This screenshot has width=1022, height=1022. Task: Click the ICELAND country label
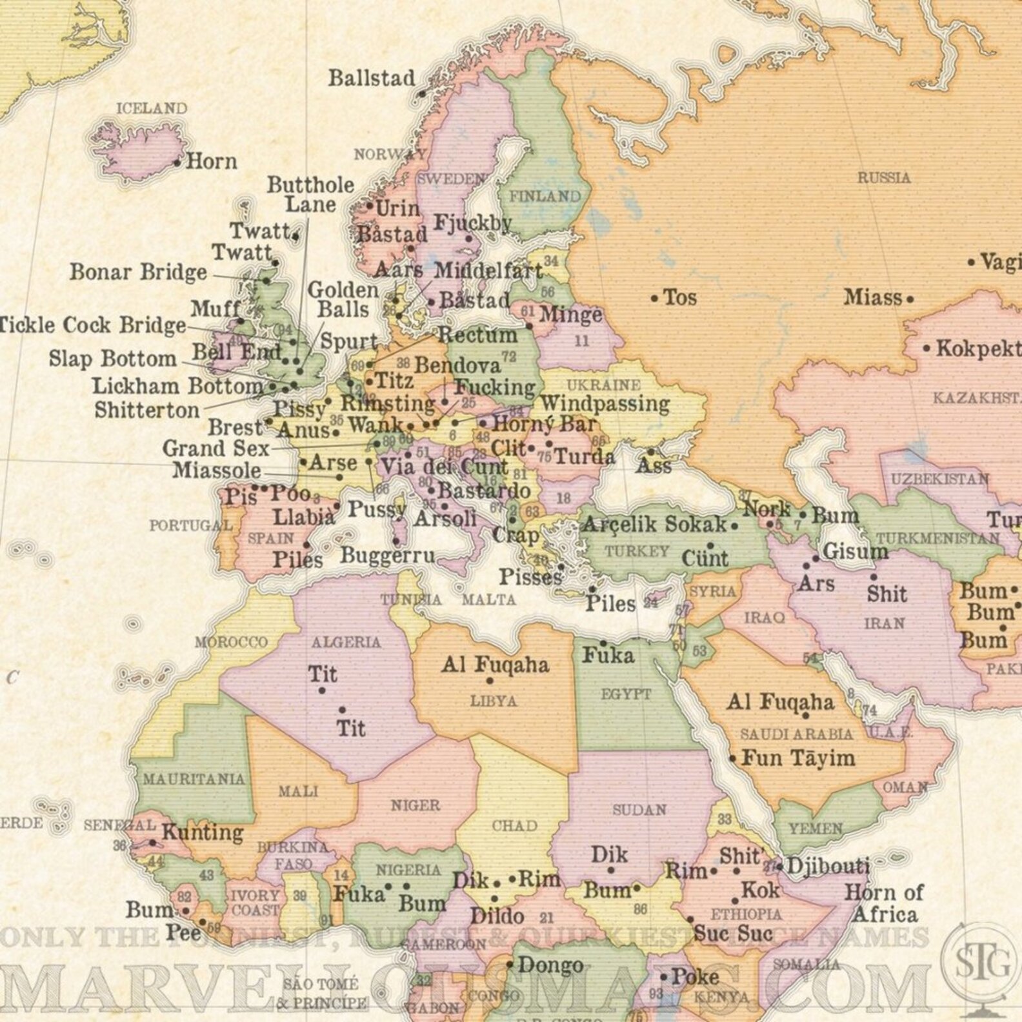click(152, 108)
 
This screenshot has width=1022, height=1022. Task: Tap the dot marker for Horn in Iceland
click(177, 163)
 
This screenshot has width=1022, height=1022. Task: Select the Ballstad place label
click(372, 79)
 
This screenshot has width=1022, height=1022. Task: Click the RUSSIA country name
click(883, 177)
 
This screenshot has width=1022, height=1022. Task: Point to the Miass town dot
click(910, 299)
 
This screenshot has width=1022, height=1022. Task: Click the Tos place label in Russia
click(680, 298)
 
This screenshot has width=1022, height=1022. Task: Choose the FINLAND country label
click(545, 196)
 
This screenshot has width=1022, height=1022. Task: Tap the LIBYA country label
click(494, 701)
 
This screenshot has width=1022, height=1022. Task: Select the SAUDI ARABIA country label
click(796, 734)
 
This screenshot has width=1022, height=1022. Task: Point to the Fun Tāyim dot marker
click(732, 759)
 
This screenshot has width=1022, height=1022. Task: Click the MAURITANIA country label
click(194, 779)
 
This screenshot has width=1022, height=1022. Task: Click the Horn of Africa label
click(884, 903)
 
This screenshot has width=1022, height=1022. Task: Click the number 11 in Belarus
click(582, 340)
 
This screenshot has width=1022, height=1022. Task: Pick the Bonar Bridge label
click(139, 272)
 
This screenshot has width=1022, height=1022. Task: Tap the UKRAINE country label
click(603, 385)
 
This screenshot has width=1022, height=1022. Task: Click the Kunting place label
click(202, 832)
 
